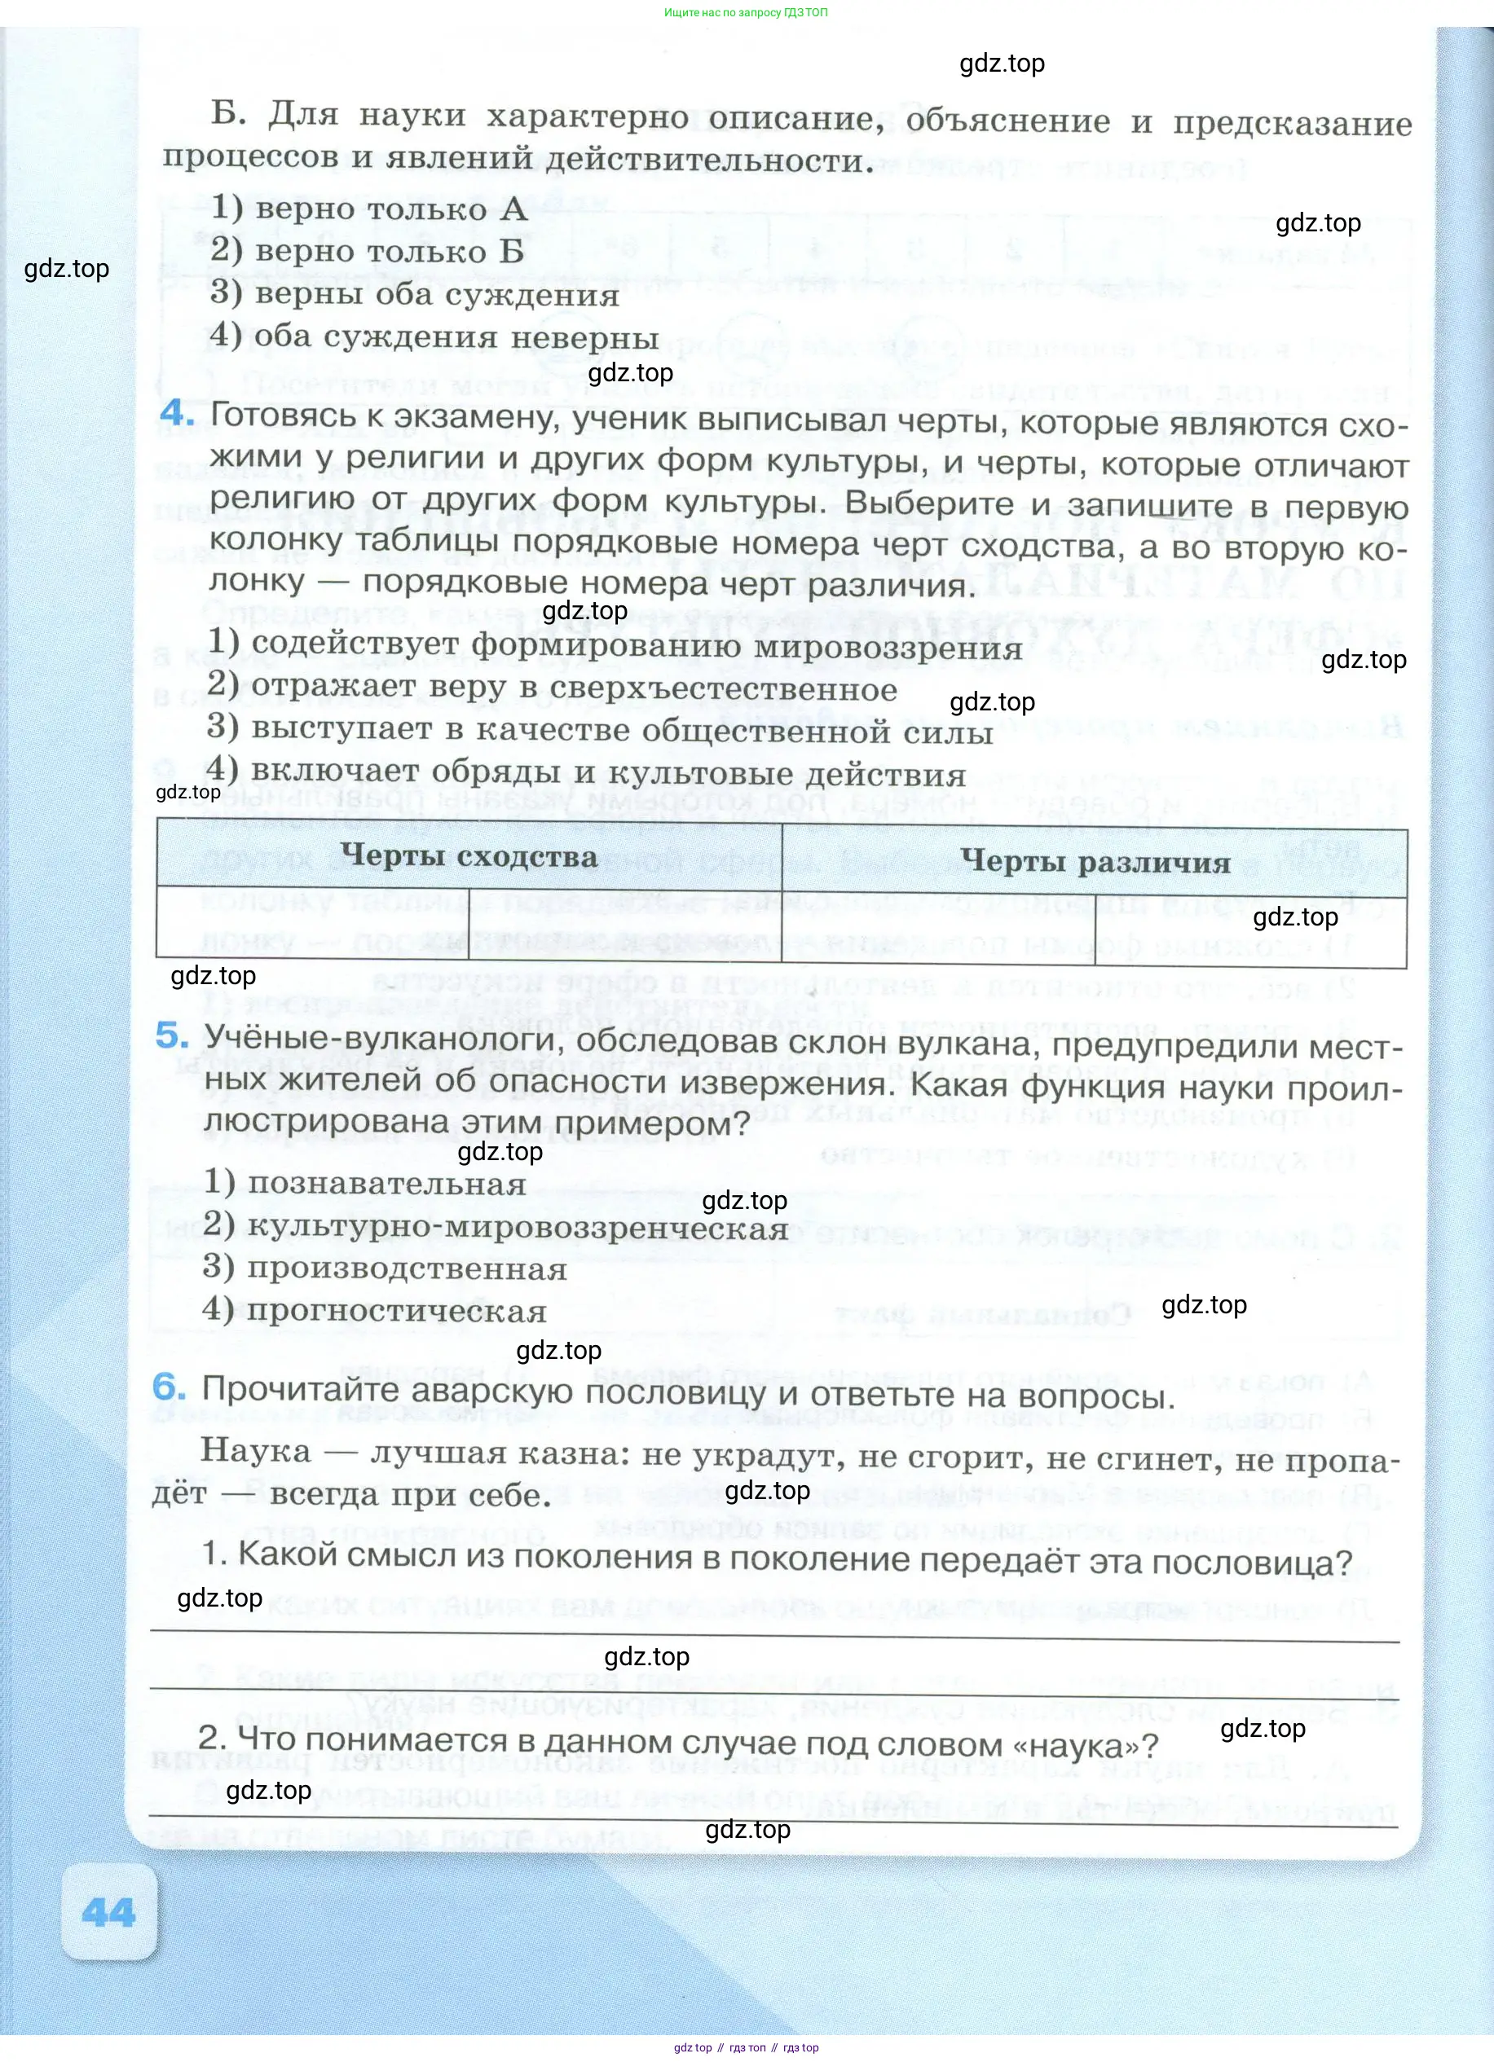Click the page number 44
(x=108, y=1913)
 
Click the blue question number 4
(x=178, y=414)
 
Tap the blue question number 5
(x=172, y=1035)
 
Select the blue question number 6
(x=170, y=1387)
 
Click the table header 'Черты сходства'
(x=469, y=855)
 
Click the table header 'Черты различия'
(x=1095, y=861)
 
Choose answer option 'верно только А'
(x=369, y=209)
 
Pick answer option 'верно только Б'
(x=368, y=250)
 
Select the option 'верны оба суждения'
(x=415, y=293)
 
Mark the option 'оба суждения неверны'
(x=434, y=336)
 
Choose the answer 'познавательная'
(x=364, y=1184)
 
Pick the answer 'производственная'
(x=385, y=1269)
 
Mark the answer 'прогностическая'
(x=375, y=1311)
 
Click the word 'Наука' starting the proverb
(x=254, y=1449)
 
